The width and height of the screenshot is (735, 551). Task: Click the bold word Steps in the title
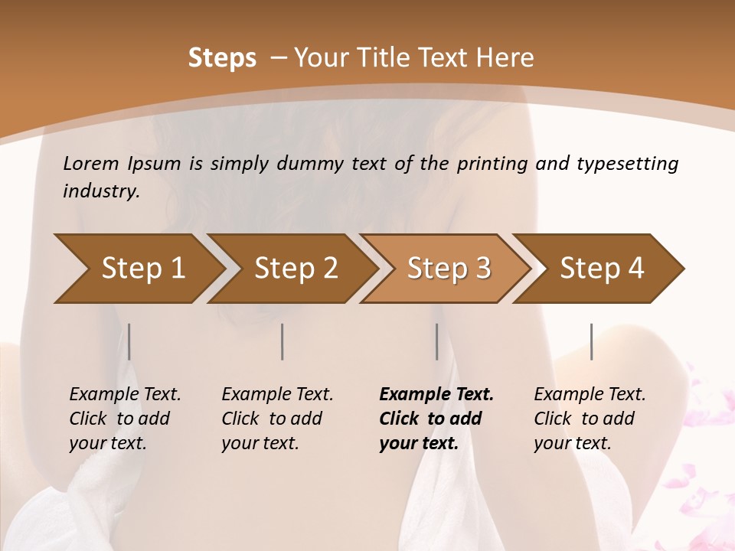coord(222,58)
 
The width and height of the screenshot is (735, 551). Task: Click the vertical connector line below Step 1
coord(129,341)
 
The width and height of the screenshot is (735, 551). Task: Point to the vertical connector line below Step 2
coord(283,341)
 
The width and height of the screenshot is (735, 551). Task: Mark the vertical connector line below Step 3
coord(437,341)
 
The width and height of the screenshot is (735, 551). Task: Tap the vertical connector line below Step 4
coord(592,341)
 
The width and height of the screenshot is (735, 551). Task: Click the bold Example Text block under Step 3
coord(436,419)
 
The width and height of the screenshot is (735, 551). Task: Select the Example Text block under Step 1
coord(125,419)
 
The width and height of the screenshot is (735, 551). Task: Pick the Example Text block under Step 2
coord(277,419)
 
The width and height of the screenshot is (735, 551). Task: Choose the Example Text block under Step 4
coord(590,419)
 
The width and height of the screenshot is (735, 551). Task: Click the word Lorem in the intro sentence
coord(91,163)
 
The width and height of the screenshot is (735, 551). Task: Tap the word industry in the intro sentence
coord(100,191)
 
